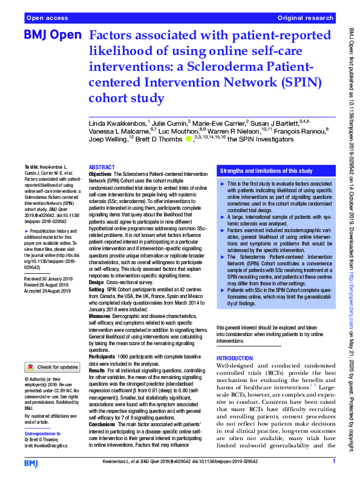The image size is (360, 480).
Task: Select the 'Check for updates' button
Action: pos(53,366)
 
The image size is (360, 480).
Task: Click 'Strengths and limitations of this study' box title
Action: pos(266,172)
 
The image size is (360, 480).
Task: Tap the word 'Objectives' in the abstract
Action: pos(100,172)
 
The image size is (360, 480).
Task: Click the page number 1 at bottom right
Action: pos(333,462)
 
